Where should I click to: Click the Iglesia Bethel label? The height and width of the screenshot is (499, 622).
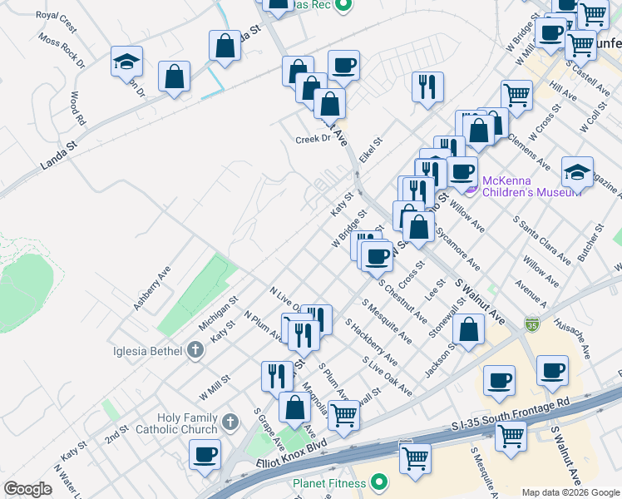coord(147,350)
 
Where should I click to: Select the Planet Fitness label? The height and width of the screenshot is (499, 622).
coord(328,483)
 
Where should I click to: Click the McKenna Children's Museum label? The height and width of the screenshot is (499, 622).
coord(521,186)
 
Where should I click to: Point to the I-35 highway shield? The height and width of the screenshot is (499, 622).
coord(532,322)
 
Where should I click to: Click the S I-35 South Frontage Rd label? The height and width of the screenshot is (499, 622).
coord(510,414)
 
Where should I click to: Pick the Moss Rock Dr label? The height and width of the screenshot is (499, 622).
coord(61,52)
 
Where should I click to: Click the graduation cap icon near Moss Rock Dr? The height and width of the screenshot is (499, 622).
coord(126,62)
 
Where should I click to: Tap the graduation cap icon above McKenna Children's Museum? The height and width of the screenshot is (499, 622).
coord(577,171)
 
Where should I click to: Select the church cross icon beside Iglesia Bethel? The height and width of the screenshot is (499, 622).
coord(195,350)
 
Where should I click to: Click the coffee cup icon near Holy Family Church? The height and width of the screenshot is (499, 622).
coord(205,455)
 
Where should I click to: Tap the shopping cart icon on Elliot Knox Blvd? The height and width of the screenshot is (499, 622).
coord(343,414)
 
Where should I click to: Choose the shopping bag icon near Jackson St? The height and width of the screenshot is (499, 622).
coord(470,328)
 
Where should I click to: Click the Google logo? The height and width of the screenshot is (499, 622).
coord(27,489)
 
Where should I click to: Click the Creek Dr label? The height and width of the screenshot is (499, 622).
coord(313,139)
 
